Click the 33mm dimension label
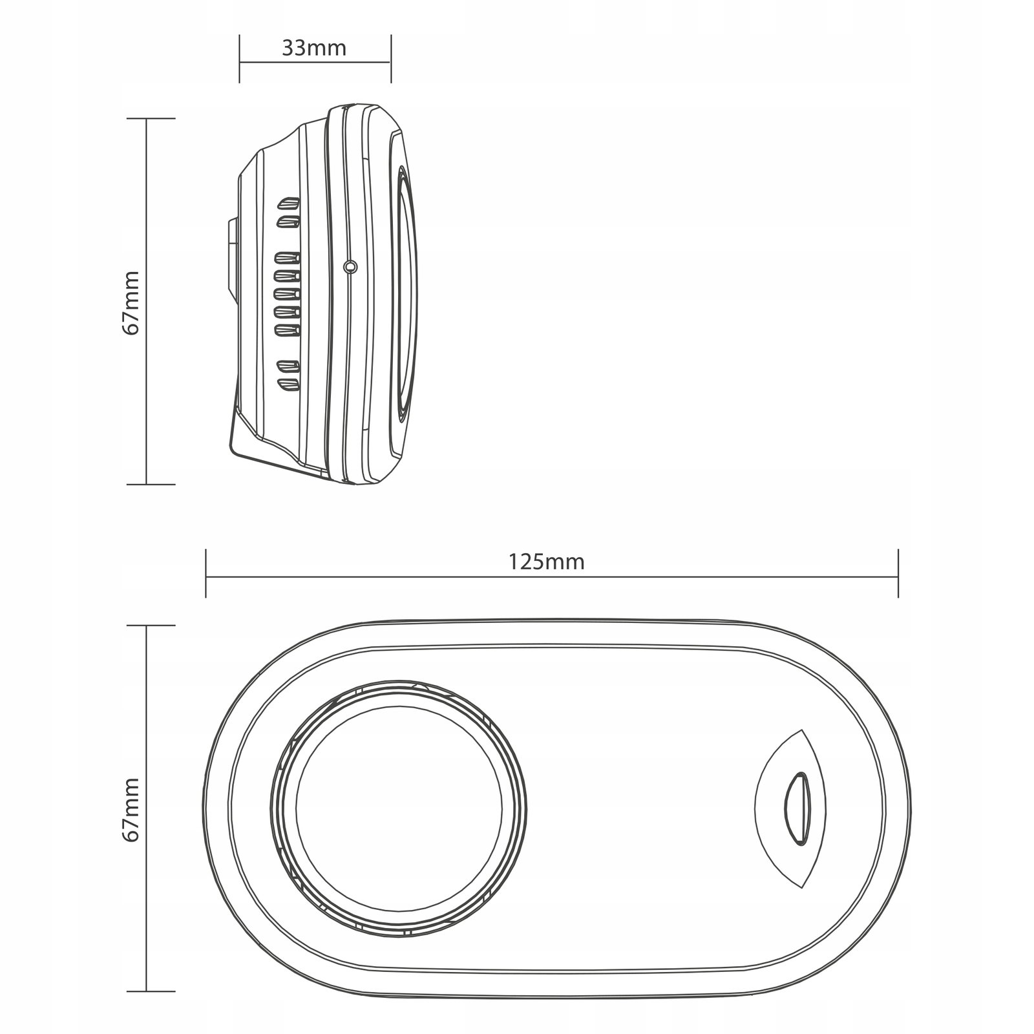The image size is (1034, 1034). click(x=314, y=48)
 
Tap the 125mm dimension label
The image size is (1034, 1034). click(x=546, y=562)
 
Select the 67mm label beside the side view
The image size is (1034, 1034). click(x=131, y=302)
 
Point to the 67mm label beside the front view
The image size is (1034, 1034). click(x=131, y=808)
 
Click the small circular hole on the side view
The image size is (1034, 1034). click(x=350, y=266)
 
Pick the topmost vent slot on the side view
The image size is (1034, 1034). click(x=288, y=204)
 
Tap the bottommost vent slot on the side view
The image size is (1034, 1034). click(x=288, y=385)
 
